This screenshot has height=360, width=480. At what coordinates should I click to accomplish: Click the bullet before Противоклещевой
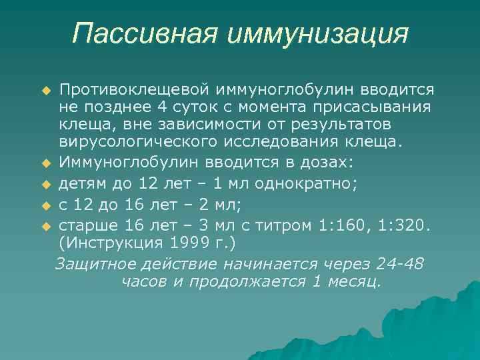click(x=46, y=90)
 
